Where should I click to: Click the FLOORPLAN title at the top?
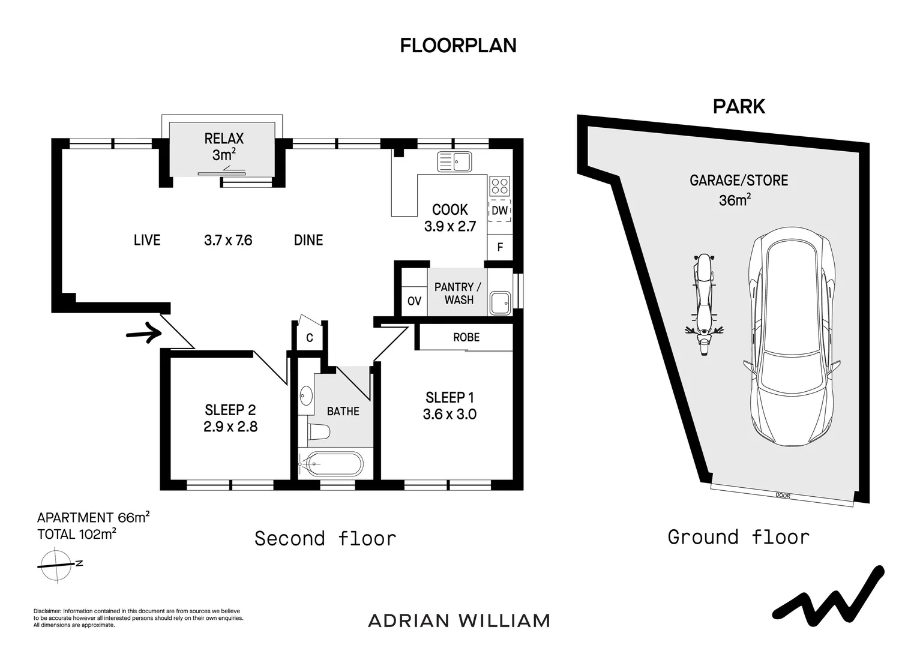tap(458, 46)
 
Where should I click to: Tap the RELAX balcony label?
tap(224, 139)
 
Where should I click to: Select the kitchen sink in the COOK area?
tap(454, 161)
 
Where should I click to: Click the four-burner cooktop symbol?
tap(500, 186)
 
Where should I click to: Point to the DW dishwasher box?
tap(500, 211)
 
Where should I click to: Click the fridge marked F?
tap(500, 247)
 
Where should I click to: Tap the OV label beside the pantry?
tap(414, 301)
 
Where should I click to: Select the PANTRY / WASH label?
tap(458, 293)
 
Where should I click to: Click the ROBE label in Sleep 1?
tap(466, 337)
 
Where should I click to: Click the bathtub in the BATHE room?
tap(330, 464)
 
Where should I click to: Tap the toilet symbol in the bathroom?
tap(319, 432)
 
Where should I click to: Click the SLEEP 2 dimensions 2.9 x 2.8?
tap(230, 427)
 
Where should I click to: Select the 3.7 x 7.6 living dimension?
tap(228, 240)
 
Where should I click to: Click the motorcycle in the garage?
tap(704, 305)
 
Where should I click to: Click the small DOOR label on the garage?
tap(783, 496)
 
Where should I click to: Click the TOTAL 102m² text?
tap(77, 534)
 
